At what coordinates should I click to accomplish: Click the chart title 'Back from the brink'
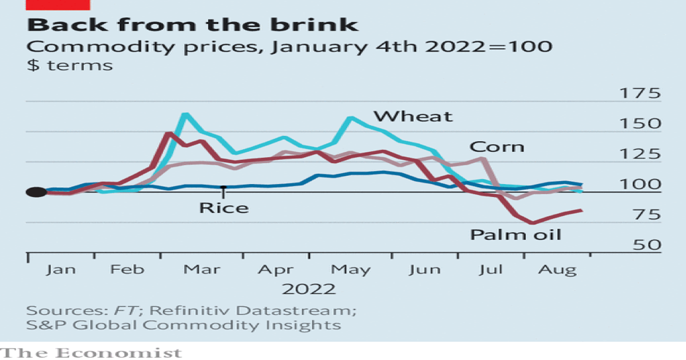(x=193, y=24)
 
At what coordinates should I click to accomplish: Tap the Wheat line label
(x=412, y=116)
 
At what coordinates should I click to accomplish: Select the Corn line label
(x=496, y=147)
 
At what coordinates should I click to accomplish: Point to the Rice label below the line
(x=223, y=208)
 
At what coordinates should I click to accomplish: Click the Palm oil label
(x=516, y=235)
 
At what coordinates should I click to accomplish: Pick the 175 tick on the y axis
(x=639, y=94)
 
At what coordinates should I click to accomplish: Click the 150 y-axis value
(x=639, y=124)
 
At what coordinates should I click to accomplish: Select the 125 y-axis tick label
(x=639, y=154)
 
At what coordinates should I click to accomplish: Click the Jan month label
(x=60, y=270)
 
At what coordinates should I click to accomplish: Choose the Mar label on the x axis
(x=202, y=270)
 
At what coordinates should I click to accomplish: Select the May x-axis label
(x=350, y=270)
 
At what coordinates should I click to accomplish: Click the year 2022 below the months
(x=308, y=289)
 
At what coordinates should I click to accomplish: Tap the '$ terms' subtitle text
(x=69, y=65)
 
